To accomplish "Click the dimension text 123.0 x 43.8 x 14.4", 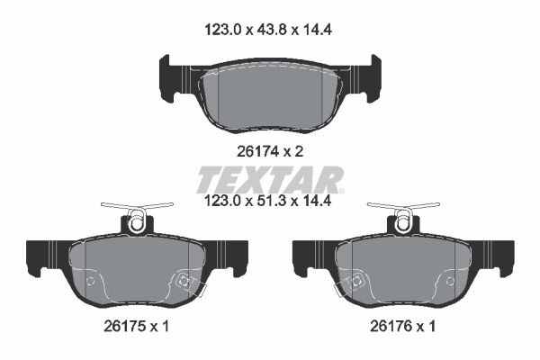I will pyautogui.click(x=270, y=29).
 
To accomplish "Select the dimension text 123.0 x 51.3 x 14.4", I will pyautogui.click(x=270, y=202).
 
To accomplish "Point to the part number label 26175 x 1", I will pyautogui.click(x=137, y=327).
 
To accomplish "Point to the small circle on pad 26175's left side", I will pyautogui.click(x=89, y=280).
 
